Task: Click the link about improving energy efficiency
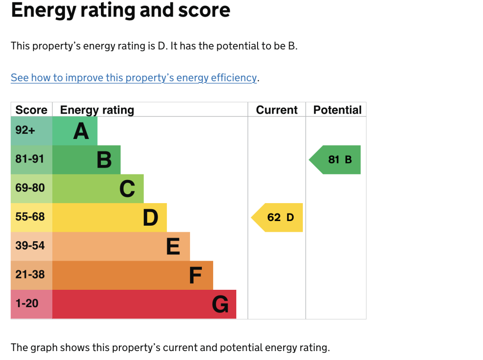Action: tap(134, 78)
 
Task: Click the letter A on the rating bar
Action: tap(81, 131)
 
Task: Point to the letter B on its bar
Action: tap(104, 160)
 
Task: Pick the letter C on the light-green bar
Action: tap(127, 188)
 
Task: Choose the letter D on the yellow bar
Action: tap(150, 218)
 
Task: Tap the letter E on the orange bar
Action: tap(173, 246)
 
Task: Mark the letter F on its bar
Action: tap(195, 275)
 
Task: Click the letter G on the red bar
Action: tap(220, 304)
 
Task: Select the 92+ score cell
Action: tap(25, 131)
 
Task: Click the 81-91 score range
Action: tap(30, 159)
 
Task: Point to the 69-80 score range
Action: tap(30, 188)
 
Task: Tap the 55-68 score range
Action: tap(30, 217)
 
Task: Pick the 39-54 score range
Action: tap(30, 246)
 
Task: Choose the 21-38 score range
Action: tap(30, 275)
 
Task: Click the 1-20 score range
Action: tap(27, 303)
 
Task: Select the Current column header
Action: tap(277, 110)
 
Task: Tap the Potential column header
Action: tap(337, 110)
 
